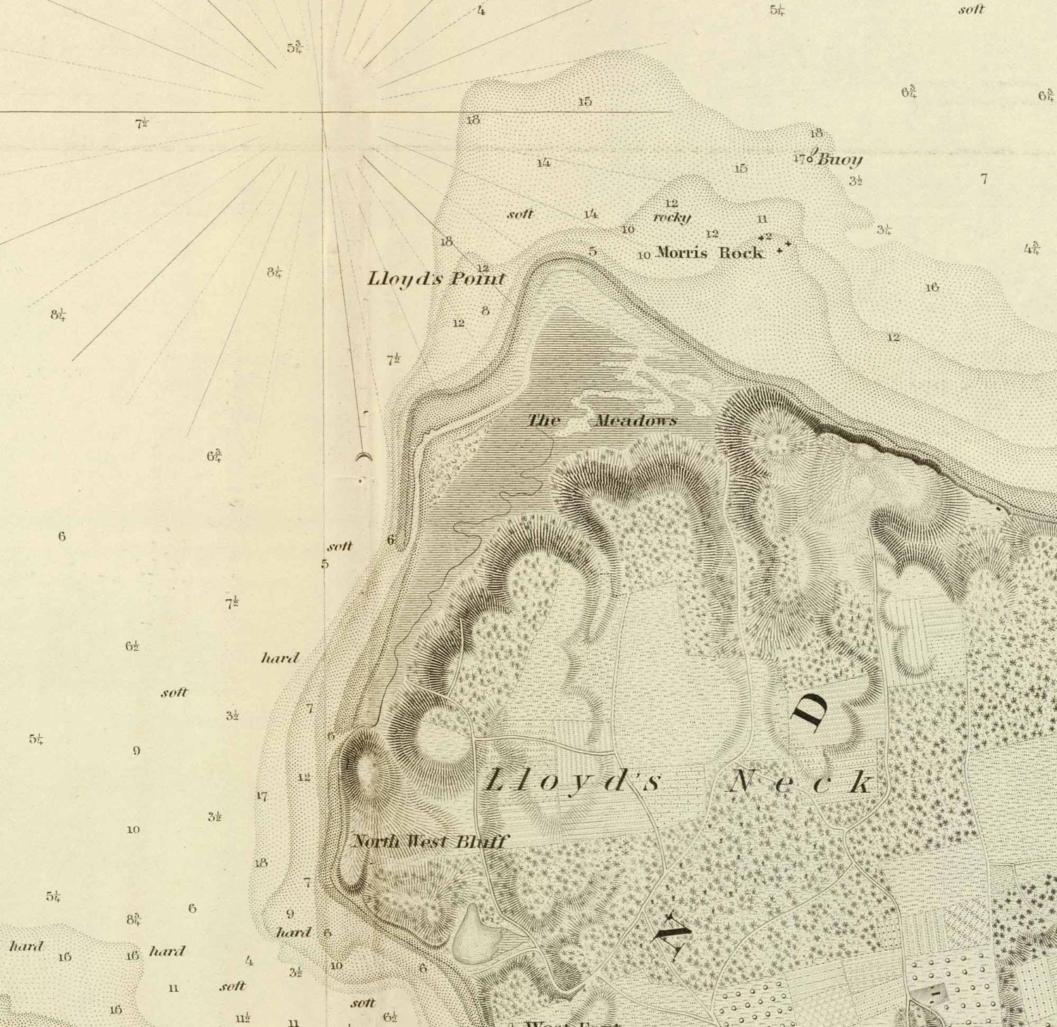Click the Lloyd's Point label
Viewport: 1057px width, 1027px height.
pos(436,279)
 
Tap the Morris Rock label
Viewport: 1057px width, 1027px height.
pos(709,252)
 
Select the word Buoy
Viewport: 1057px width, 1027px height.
pos(840,160)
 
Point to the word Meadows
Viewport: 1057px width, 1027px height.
pos(636,421)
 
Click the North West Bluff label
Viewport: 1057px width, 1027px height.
pos(429,841)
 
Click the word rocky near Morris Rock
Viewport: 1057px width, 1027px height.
pos(672,217)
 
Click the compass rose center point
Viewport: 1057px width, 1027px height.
pos(323,112)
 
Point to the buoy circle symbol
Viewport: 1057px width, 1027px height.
pos(810,159)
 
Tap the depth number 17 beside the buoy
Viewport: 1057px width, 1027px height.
pos(798,159)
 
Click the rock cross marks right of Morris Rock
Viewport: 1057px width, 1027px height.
pos(782,247)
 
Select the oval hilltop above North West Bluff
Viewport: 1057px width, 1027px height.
pos(366,770)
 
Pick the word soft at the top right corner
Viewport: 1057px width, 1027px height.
pos(971,10)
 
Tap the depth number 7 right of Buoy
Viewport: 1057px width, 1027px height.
pos(984,179)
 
